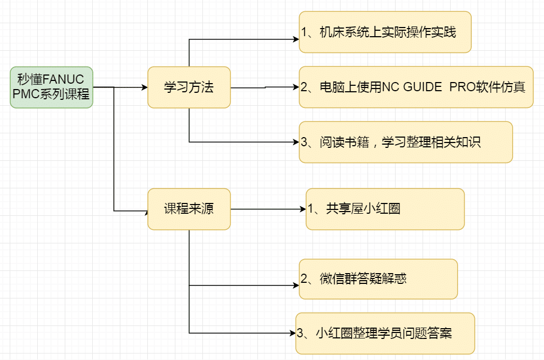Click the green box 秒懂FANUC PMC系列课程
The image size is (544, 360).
point(51,87)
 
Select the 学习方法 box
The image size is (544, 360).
point(189,87)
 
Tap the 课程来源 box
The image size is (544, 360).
point(189,209)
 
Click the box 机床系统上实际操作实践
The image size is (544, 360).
point(385,32)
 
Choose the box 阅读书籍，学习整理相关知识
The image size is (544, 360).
point(406,142)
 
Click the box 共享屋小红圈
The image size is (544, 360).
point(385,209)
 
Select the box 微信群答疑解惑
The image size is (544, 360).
point(378,279)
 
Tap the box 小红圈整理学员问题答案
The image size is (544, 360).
point(385,333)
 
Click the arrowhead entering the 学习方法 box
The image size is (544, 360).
point(145,87)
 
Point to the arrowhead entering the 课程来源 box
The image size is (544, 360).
point(145,210)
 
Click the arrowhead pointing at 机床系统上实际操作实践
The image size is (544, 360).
point(296,39)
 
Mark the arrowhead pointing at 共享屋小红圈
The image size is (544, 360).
point(303,209)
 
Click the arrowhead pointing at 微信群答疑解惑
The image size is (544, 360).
point(296,285)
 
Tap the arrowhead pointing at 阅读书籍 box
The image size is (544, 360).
point(296,142)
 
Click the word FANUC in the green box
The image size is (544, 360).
point(64,80)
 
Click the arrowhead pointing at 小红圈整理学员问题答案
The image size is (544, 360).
point(293,333)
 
